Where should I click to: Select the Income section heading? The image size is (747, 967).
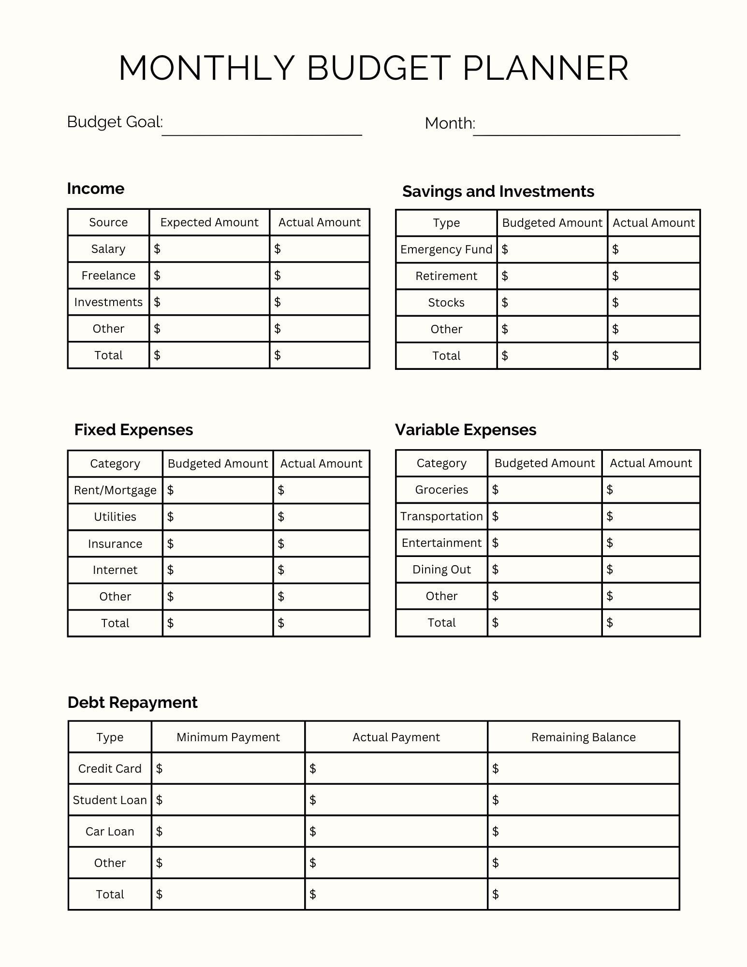pos(95,189)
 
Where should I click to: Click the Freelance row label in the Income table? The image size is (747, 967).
pos(108,276)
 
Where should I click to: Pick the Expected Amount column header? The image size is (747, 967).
pos(209,222)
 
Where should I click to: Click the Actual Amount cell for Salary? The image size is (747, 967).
pos(320,249)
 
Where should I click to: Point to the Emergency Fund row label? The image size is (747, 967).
pos(446,249)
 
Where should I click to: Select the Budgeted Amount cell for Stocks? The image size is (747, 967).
pos(552,303)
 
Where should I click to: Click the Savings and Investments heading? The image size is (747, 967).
pos(498,191)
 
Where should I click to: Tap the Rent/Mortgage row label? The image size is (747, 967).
pos(115,490)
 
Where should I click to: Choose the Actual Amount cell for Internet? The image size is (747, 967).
pos(322,570)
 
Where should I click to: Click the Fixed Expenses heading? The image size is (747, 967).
pos(133,430)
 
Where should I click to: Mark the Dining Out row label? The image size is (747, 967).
pos(441,570)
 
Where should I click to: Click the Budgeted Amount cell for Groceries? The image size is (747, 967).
pos(544,490)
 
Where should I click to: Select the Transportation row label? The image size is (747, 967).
pos(441,516)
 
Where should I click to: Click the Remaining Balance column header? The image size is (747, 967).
pos(583,737)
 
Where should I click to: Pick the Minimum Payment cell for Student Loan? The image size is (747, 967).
pos(228,800)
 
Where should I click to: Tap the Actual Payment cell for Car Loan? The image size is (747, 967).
pos(396,832)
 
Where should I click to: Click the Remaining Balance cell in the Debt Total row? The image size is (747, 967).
pos(583,894)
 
